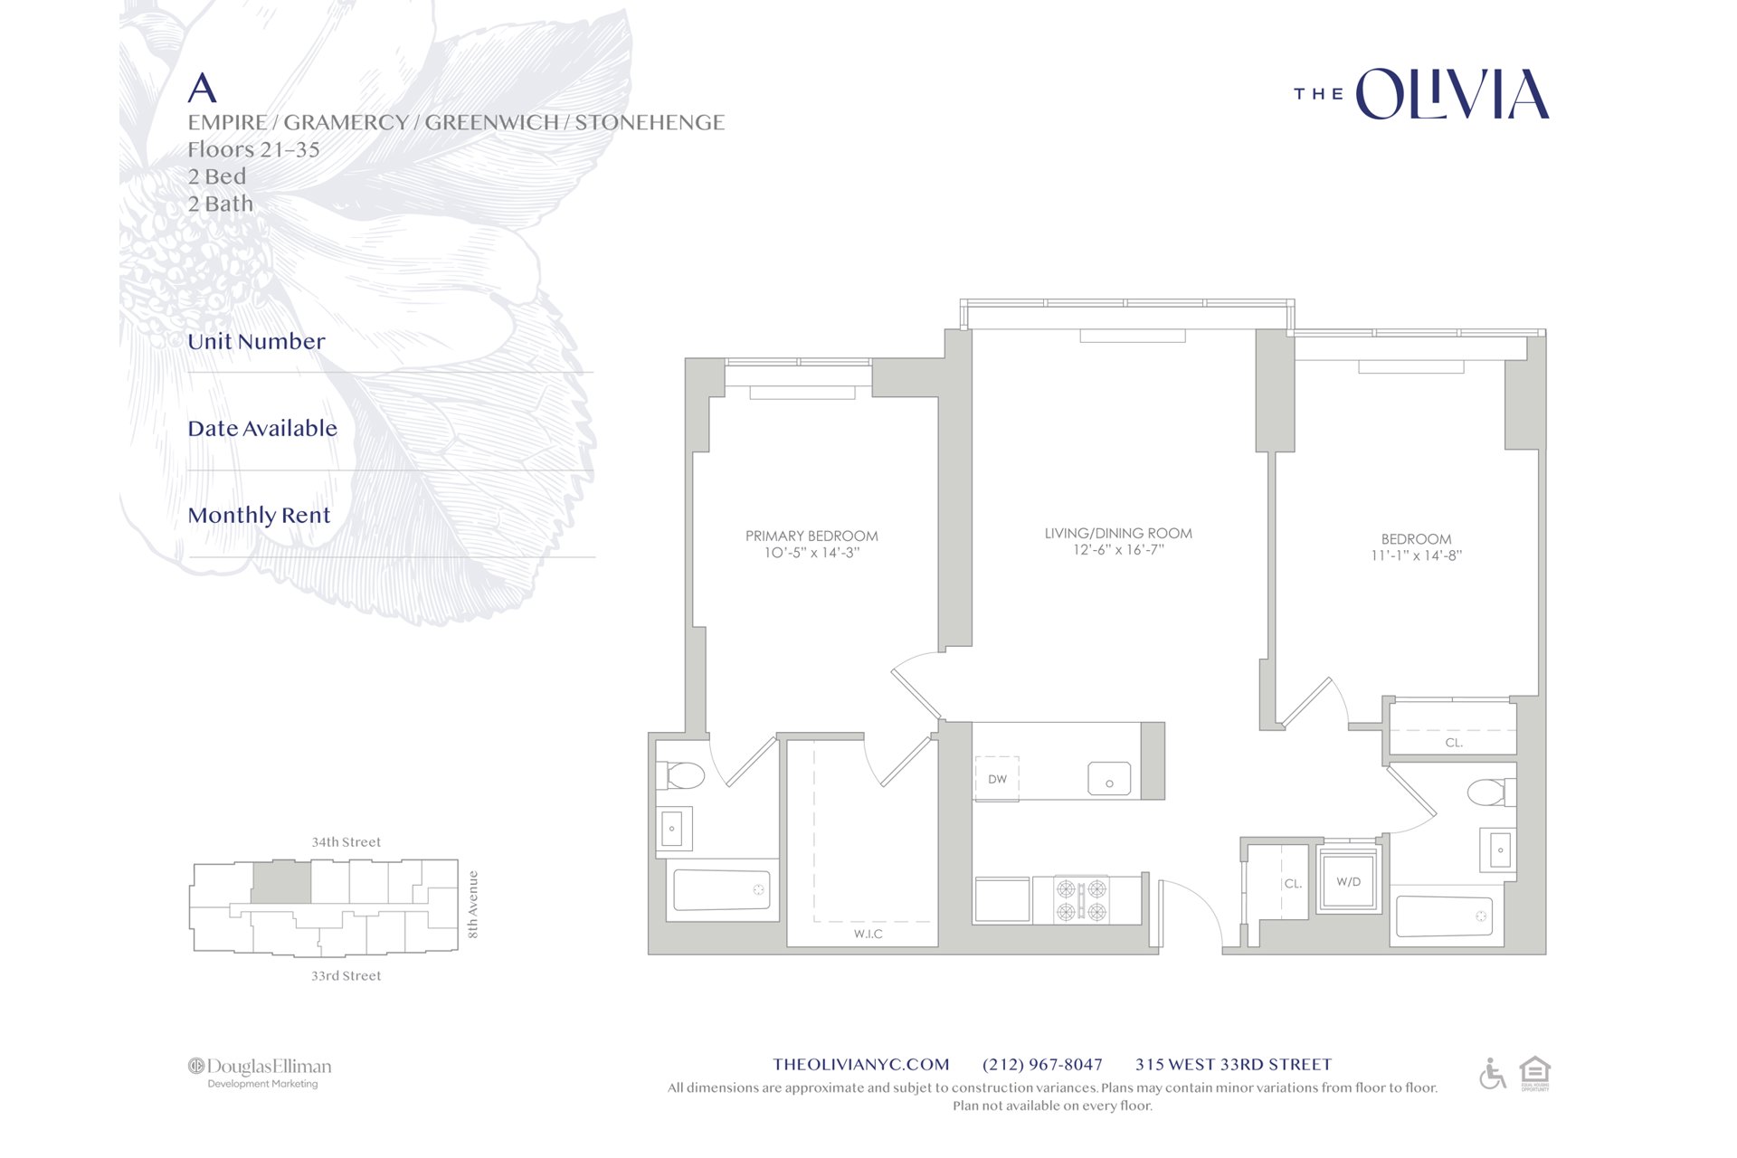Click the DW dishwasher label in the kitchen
tap(997, 779)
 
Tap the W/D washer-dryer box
tap(1348, 881)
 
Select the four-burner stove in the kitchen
tap(1081, 899)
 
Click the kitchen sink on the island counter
tap(1109, 779)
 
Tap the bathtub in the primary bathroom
tap(722, 890)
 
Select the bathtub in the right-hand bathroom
tap(1444, 916)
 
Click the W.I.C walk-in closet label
tap(868, 934)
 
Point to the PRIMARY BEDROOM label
tap(812, 536)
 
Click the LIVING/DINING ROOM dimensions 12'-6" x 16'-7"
tap(1118, 550)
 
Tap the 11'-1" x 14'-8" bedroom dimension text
tap(1416, 555)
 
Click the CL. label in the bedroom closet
tap(1454, 743)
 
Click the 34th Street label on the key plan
tap(346, 842)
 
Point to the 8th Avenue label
tap(472, 905)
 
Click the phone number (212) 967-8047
tap(1042, 1065)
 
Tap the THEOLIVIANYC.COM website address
tap(861, 1065)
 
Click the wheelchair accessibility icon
tap(1492, 1074)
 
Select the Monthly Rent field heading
tap(259, 515)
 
